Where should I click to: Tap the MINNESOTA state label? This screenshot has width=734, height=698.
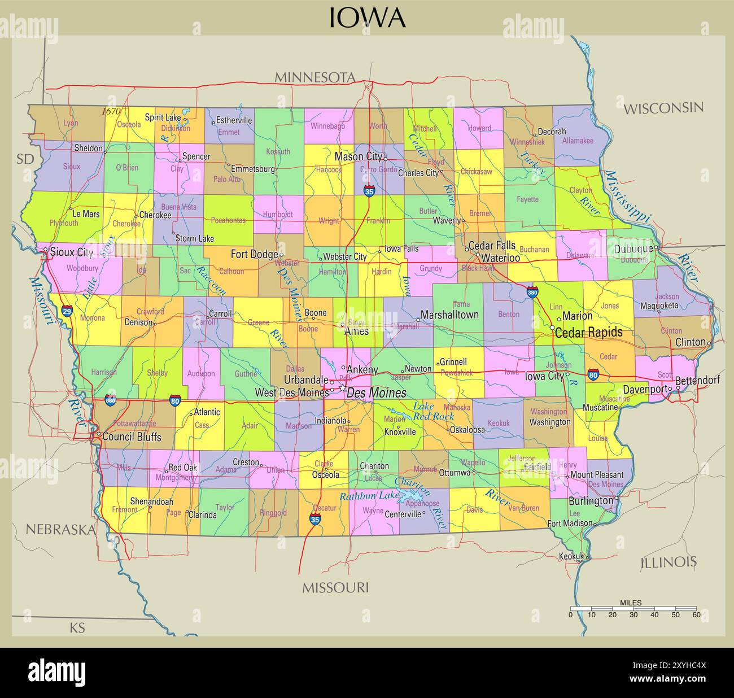[314, 77]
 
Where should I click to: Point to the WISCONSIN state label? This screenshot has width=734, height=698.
[663, 108]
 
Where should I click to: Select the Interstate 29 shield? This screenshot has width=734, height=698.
[67, 311]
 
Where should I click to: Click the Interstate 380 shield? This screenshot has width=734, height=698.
[532, 292]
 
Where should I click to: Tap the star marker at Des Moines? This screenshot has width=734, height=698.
[342, 389]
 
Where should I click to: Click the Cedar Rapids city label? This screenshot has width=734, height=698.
[588, 332]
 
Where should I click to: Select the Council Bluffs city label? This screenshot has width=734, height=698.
[132, 437]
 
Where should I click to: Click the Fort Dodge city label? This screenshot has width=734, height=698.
[254, 254]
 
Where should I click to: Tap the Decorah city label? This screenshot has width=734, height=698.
[552, 131]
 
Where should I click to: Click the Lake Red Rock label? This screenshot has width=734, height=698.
[433, 411]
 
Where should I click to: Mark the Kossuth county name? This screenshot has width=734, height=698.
[278, 151]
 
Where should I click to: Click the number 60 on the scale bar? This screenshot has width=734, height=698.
[696, 615]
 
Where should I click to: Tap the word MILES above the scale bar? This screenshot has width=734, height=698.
[630, 603]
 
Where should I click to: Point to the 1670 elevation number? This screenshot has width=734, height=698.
[111, 112]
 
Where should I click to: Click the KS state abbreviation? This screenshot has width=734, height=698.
[77, 627]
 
